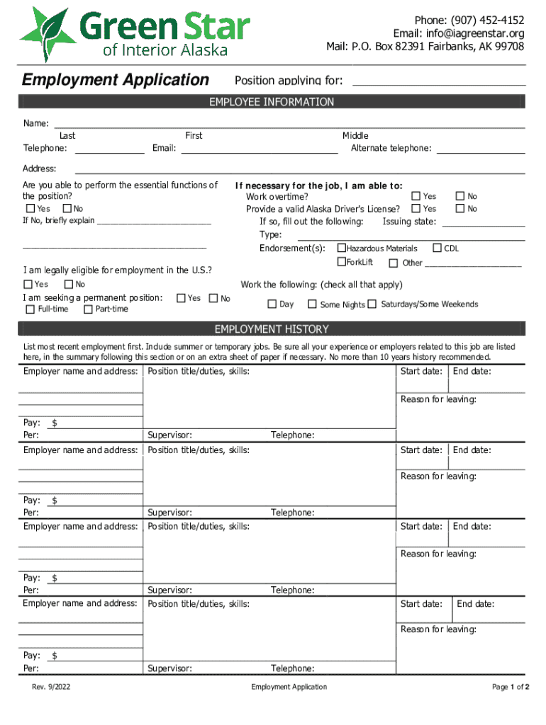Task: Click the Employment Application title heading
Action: point(116,80)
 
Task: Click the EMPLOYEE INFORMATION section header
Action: point(272,103)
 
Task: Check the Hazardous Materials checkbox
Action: point(341,249)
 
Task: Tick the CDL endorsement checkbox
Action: point(438,249)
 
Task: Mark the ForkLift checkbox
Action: point(341,262)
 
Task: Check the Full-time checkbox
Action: point(30,309)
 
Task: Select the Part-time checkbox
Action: point(88,309)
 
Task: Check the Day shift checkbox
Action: point(272,304)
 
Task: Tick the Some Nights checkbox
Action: point(312,304)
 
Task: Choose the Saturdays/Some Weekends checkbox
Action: point(372,304)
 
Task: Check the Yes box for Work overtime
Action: point(416,196)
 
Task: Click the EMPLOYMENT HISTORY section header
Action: point(272,329)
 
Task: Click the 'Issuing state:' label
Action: point(409,222)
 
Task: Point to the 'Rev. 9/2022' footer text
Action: point(50,687)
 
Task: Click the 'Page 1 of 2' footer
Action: point(511,687)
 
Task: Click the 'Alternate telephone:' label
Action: point(391,148)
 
